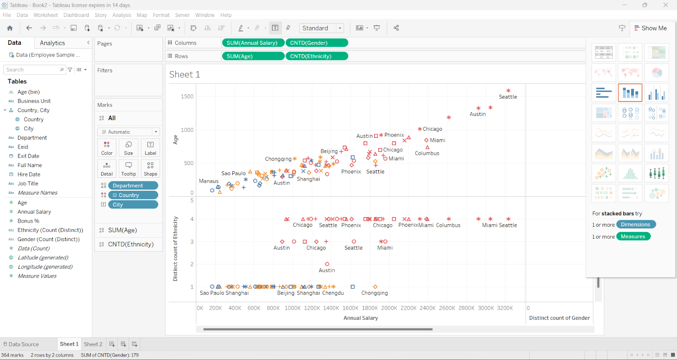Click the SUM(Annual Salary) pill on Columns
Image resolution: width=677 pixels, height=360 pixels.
pyautogui.click(x=252, y=43)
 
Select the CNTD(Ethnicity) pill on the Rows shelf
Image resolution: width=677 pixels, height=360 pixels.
pyautogui.click(x=316, y=56)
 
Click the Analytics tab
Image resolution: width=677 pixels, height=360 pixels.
pyautogui.click(x=52, y=43)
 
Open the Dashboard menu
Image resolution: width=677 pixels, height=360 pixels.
pyautogui.click(x=76, y=15)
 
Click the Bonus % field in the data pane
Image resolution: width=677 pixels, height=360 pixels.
pyautogui.click(x=28, y=221)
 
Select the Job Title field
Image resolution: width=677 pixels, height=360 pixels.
pyautogui.click(x=28, y=184)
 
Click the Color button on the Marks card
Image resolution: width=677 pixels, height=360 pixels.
pyautogui.click(x=107, y=148)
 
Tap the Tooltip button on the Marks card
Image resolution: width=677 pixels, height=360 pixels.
pyautogui.click(x=129, y=168)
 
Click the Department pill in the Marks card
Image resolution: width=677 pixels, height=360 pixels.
pyautogui.click(x=133, y=186)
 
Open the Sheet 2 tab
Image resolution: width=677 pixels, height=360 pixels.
pyautogui.click(x=93, y=344)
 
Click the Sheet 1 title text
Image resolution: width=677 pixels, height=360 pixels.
pyautogui.click(x=184, y=74)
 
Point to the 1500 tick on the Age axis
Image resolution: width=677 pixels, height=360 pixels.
pyautogui.click(x=187, y=96)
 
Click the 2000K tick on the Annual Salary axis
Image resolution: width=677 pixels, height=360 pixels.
pyautogui.click(x=389, y=308)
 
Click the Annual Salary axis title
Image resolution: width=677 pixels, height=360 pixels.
pyautogui.click(x=361, y=318)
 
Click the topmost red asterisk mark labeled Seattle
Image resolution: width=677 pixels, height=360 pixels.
pyautogui.click(x=508, y=91)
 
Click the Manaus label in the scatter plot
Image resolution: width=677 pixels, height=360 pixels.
pyautogui.click(x=209, y=181)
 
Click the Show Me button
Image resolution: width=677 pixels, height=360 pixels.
pyautogui.click(x=650, y=28)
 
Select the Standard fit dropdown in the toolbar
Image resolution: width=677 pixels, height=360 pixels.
pyautogui.click(x=321, y=28)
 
